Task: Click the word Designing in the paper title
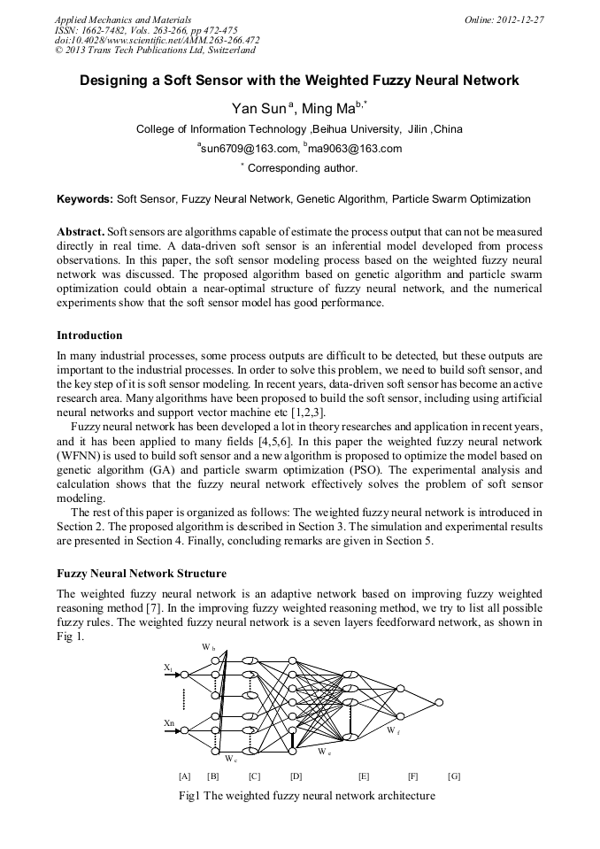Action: point(117,81)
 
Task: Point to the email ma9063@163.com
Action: point(354,149)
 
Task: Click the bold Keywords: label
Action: point(85,199)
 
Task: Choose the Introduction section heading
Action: point(89,336)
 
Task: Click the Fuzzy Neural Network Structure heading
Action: point(142,574)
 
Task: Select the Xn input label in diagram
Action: point(169,723)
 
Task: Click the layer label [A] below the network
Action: point(184,776)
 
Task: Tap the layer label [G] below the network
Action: point(454,776)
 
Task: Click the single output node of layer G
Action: point(437,702)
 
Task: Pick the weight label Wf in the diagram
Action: point(392,731)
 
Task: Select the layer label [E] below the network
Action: point(364,776)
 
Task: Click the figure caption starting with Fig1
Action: point(306,796)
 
